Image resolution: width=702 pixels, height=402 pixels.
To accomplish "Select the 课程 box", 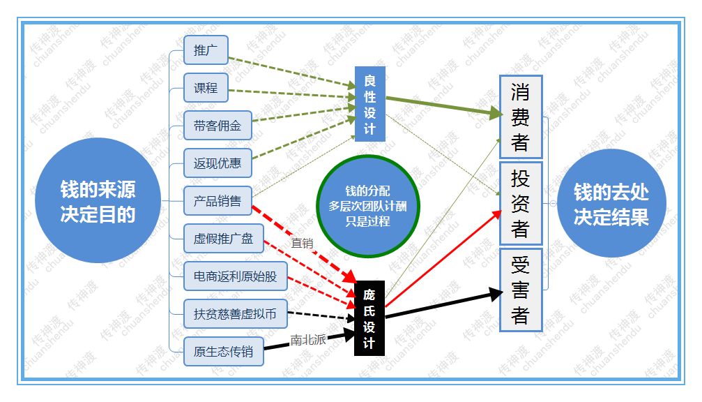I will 206,89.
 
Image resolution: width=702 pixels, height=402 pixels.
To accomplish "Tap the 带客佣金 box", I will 218,126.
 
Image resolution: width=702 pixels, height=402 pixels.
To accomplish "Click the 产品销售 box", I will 218,202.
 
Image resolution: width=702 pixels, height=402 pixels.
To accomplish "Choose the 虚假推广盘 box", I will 224,239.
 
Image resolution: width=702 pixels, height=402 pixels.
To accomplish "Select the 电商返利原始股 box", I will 235,276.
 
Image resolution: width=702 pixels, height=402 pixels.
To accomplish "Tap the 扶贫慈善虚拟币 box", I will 235,314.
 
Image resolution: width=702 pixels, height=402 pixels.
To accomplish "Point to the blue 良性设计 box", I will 369,104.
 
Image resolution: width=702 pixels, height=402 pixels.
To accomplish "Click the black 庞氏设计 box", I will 369,318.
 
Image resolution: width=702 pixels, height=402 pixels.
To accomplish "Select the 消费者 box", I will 520,117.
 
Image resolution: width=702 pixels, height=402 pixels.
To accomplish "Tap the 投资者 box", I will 520,203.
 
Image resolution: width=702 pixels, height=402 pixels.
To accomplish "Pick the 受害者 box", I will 520,290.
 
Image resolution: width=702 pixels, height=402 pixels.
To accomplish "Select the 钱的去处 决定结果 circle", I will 611,203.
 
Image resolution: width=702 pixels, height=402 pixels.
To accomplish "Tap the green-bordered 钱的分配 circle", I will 368,205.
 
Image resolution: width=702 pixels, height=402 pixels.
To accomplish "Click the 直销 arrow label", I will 302,243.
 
